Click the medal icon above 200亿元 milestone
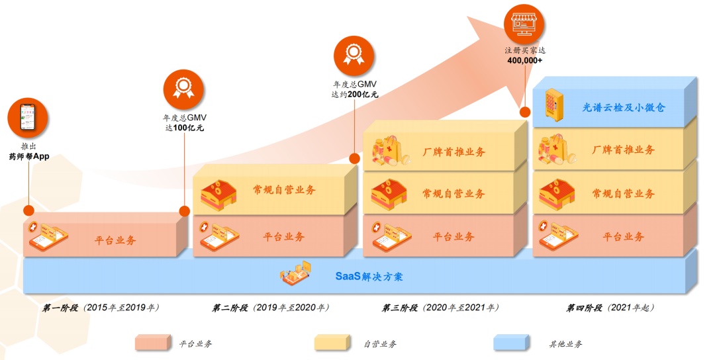pyautogui.click(x=354, y=56)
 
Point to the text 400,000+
pyautogui.click(x=525, y=60)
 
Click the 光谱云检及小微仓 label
pyautogui.click(x=619, y=107)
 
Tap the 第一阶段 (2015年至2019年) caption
pyautogui.click(x=101, y=308)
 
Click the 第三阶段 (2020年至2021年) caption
pyautogui.click(x=440, y=308)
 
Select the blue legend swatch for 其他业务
pyautogui.click(x=510, y=343)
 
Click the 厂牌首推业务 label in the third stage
pyautogui.click(x=453, y=152)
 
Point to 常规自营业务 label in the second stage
pyautogui.click(x=284, y=190)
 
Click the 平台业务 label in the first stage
pyautogui.click(x=115, y=240)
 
